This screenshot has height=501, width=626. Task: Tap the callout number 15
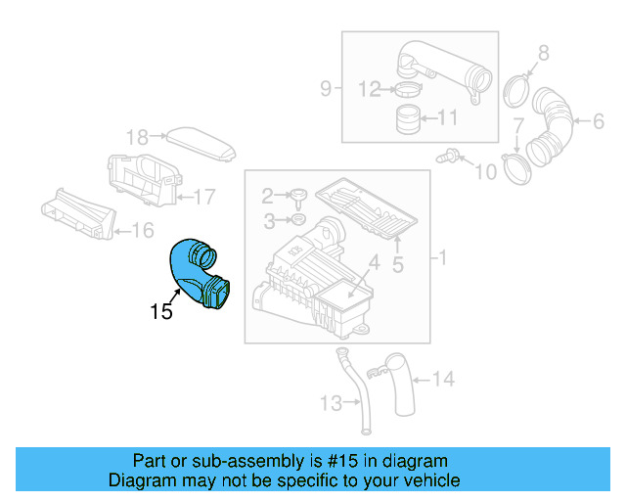click(x=161, y=312)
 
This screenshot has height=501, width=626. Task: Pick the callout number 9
click(x=326, y=89)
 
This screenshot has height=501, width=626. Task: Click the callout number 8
click(x=544, y=52)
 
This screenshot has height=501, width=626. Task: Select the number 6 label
click(x=598, y=121)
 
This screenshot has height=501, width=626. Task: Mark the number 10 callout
click(x=486, y=173)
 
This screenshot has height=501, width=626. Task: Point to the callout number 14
click(x=443, y=378)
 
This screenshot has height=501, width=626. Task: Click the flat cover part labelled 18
click(x=203, y=144)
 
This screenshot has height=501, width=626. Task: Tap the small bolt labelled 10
click(x=452, y=154)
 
